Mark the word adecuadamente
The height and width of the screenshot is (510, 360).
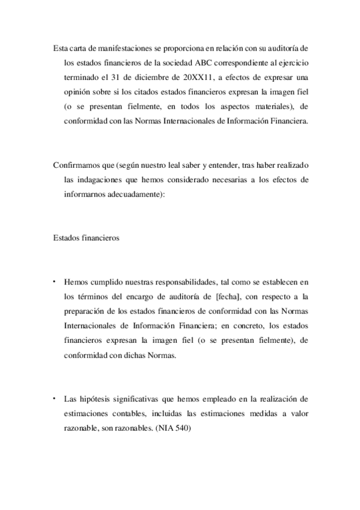[133, 195]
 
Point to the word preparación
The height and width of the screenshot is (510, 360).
[85, 311]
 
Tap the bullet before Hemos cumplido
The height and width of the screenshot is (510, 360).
[54, 280]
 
